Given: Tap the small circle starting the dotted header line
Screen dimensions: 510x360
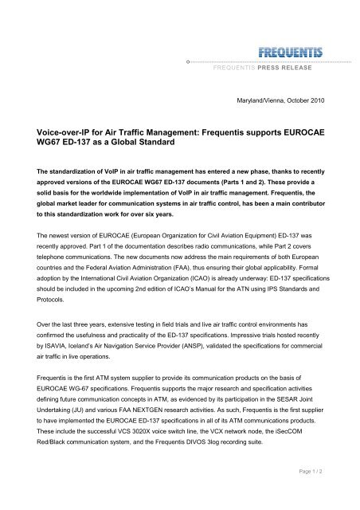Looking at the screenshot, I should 186,61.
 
